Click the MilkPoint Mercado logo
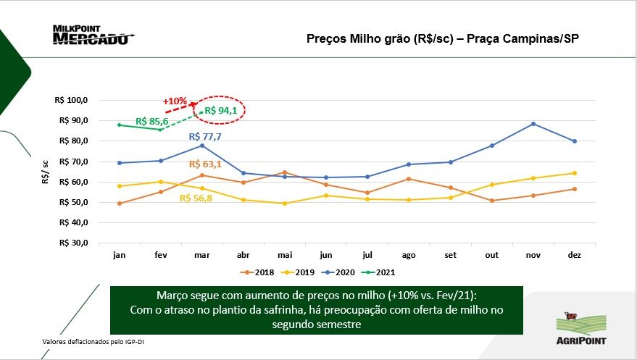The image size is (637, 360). click(x=93, y=35)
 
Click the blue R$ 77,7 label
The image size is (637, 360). click(x=205, y=136)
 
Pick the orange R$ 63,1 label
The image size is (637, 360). click(x=207, y=164)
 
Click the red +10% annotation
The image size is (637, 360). click(x=175, y=101)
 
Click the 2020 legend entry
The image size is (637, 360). click(x=341, y=272)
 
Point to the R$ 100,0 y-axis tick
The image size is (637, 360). click(x=71, y=99)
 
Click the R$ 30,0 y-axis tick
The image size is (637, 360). click(x=71, y=243)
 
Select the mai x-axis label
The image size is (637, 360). click(x=284, y=255)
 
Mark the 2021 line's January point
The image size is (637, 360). click(x=119, y=125)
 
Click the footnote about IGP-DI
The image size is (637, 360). click(x=89, y=341)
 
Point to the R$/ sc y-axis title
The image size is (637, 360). click(x=46, y=172)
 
